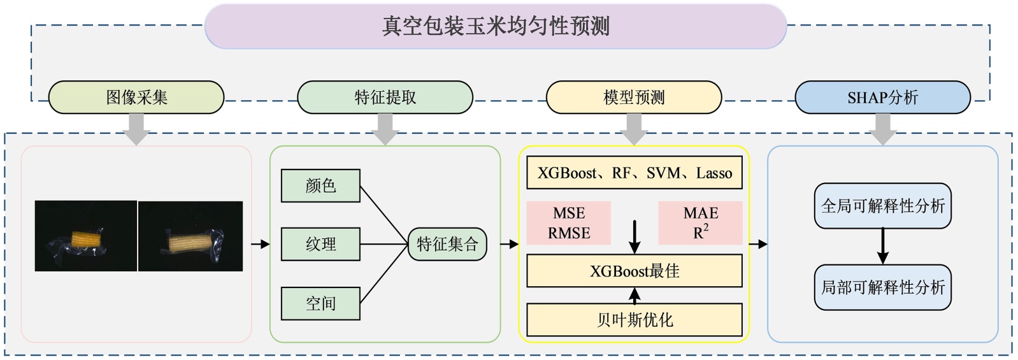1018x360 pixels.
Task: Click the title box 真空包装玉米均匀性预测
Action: click(496, 26)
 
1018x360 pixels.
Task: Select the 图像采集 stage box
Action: click(136, 97)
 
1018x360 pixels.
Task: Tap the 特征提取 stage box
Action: click(385, 97)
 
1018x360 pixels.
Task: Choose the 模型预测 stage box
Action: click(634, 97)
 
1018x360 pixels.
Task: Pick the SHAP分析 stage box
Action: click(882, 97)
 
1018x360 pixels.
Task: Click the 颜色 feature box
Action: click(320, 185)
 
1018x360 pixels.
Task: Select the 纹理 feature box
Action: click(320, 244)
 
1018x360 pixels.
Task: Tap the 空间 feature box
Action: click(320, 303)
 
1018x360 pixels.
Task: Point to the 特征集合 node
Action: click(447, 244)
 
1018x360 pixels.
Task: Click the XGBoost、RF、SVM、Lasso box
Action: click(634, 173)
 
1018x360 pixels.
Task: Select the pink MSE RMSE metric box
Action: click(569, 223)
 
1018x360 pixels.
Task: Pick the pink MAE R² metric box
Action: click(700, 223)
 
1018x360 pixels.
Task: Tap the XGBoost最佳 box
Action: click(634, 271)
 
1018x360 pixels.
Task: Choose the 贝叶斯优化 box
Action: click(634, 319)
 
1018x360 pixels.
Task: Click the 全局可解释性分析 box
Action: click(882, 206)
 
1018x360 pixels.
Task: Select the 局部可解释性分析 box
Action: click(882, 287)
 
